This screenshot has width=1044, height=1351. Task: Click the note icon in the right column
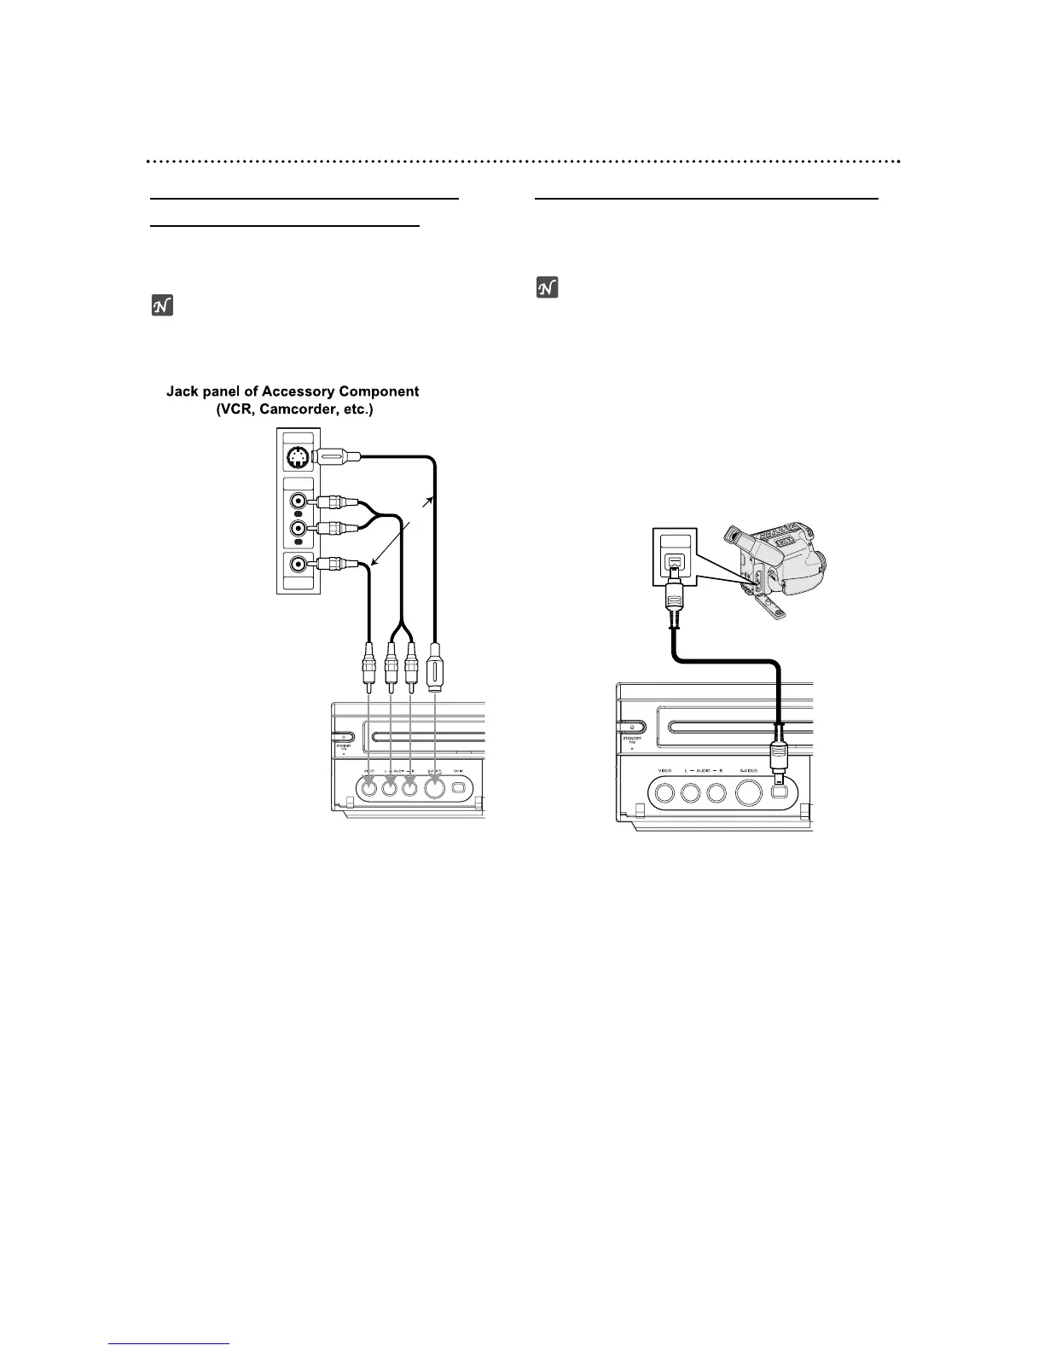point(547,288)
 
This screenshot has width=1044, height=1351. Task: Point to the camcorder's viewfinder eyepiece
point(731,536)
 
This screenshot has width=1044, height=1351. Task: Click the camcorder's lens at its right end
point(821,564)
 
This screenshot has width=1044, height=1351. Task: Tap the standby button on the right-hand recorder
point(631,728)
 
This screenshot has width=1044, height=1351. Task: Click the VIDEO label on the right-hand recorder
point(665,771)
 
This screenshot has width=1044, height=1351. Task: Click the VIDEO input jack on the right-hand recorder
point(665,792)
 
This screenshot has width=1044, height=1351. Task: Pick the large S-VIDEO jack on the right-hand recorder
point(749,792)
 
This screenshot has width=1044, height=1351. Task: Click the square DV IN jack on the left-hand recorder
point(460,789)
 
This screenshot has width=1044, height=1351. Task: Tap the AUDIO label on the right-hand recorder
point(703,771)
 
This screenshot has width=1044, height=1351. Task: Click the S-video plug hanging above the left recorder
point(436,664)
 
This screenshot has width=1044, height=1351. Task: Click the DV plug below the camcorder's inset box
point(674,601)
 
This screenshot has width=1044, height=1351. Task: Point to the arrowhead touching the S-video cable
point(432,501)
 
